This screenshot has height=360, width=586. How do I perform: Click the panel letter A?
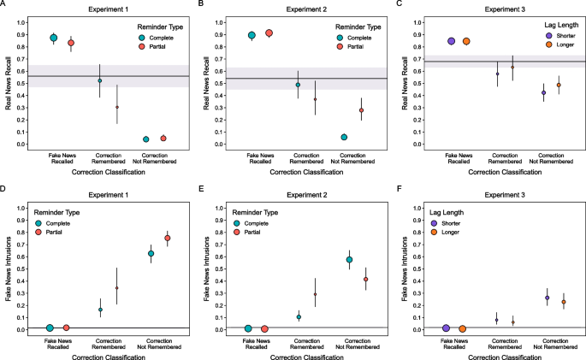pos(5,4)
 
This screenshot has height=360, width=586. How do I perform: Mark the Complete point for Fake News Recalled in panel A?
pos(54,38)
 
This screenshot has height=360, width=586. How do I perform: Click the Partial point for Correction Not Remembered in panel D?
pos(168,238)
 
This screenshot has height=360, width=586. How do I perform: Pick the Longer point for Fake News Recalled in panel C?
pos(467,41)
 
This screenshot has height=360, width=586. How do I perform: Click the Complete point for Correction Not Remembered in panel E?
pos(349,259)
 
